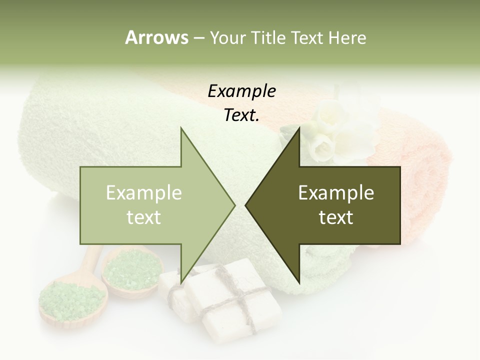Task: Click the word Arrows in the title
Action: tap(156, 37)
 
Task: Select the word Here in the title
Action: tap(346, 37)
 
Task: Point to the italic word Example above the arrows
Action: tap(241, 91)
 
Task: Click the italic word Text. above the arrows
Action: tap(241, 115)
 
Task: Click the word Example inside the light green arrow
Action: tap(143, 193)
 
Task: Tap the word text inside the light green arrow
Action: tap(143, 217)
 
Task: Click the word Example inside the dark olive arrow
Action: tap(336, 193)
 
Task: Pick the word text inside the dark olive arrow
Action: tap(336, 217)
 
